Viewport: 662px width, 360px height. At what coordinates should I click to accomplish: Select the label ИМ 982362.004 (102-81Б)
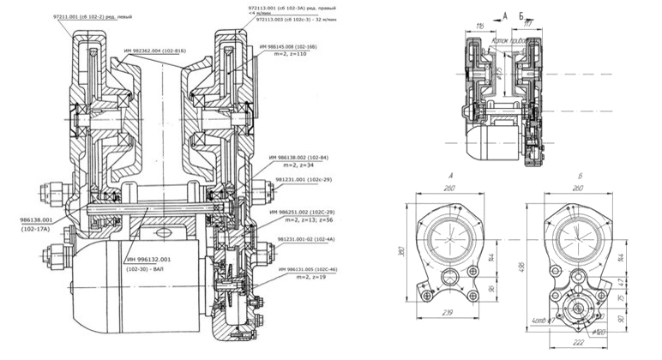[155, 51]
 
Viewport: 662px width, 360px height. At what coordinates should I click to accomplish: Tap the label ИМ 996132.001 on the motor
[147, 258]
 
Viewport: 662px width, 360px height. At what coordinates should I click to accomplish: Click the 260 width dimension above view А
[446, 185]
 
